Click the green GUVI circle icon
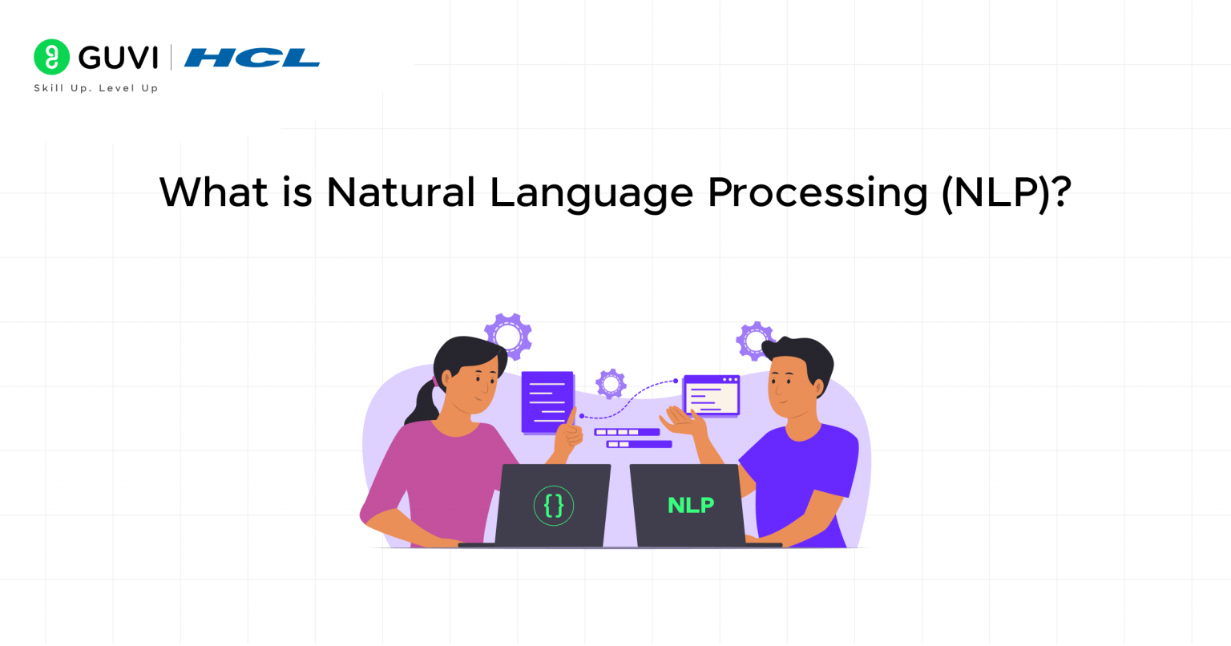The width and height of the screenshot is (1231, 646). (x=52, y=57)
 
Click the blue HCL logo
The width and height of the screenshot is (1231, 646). (x=252, y=58)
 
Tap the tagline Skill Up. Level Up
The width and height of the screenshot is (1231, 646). (x=96, y=88)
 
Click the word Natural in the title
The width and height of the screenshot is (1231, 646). (x=401, y=192)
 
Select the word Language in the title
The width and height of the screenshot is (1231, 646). (x=591, y=194)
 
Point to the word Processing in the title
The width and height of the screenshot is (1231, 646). (x=817, y=194)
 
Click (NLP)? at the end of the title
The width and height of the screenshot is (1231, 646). (x=1006, y=193)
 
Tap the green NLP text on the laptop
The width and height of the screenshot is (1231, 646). (x=690, y=505)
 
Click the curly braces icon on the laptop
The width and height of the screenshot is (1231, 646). (x=554, y=506)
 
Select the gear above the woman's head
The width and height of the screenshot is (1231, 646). (x=508, y=336)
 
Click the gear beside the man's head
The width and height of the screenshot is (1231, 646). (x=754, y=341)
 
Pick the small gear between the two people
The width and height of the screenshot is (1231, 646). (x=611, y=384)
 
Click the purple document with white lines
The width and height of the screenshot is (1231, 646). (x=547, y=402)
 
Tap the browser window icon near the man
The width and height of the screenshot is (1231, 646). (x=711, y=395)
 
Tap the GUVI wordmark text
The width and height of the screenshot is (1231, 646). (x=118, y=58)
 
